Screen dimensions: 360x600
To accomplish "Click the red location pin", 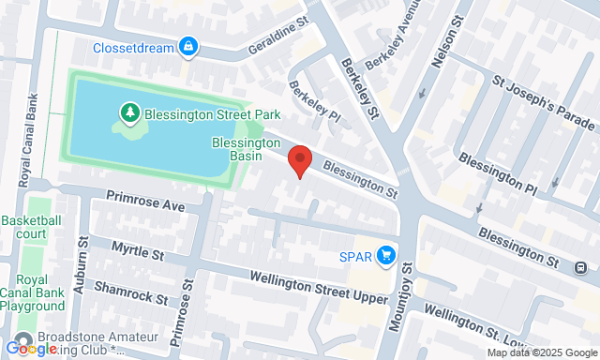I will [299, 159].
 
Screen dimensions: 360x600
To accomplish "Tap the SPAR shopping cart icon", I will [385, 255].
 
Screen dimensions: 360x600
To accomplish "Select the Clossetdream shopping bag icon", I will [188, 45].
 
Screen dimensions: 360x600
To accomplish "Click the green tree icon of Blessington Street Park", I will [129, 114].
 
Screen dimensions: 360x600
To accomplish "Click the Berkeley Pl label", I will [313, 103].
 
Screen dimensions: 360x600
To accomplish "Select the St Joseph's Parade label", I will [544, 100].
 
